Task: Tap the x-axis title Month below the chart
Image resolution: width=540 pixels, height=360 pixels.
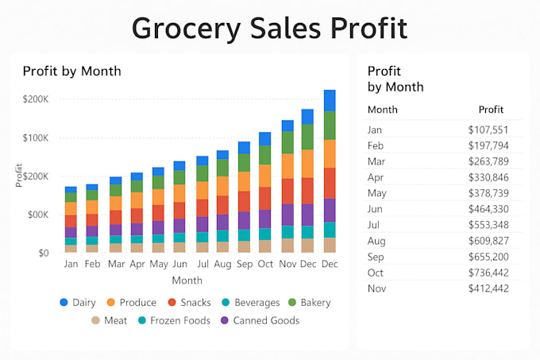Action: coord(187,281)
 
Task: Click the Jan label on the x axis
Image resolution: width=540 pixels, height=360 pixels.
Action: coord(71,264)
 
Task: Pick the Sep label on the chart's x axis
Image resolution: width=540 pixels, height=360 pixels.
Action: coord(245,264)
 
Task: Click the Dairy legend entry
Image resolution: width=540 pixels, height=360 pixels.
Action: coord(78,303)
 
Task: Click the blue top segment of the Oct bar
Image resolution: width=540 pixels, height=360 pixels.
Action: coord(265,139)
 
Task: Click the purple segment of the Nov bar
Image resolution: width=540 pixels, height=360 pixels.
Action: coord(287,215)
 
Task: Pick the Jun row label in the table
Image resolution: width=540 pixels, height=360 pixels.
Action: coord(375,209)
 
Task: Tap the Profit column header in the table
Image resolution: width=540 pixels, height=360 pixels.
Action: coord(491,110)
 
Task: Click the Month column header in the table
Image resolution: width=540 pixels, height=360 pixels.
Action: coord(383,110)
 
